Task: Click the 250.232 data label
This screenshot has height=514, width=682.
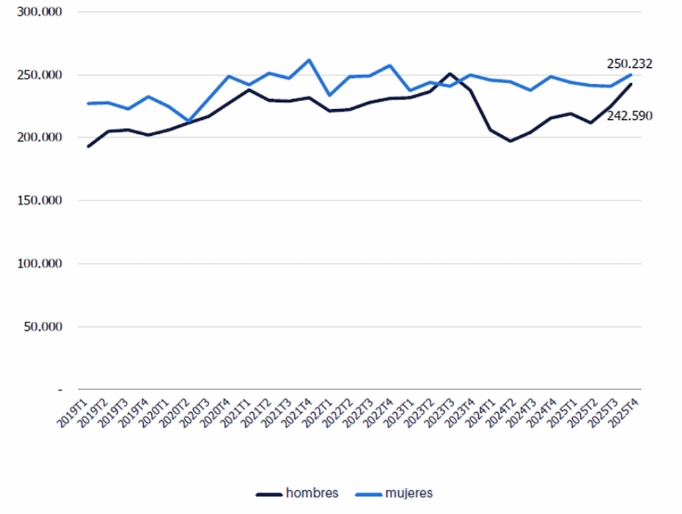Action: [629, 64]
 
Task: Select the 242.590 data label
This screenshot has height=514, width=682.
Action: [629, 116]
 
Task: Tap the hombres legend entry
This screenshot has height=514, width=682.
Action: [297, 493]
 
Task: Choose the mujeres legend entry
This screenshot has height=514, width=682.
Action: [394, 493]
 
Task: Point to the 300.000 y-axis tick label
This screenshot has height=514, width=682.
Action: [39, 12]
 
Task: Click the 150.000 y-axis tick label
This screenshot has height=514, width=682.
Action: [39, 200]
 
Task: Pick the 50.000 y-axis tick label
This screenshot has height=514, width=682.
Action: [43, 327]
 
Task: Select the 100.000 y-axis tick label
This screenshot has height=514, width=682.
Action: [39, 264]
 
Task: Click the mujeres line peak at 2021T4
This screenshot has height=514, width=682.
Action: [309, 60]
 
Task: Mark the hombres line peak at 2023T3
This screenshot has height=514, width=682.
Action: [450, 74]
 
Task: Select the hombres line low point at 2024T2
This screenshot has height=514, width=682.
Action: [510, 141]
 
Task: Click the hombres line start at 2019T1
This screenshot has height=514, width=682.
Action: [89, 146]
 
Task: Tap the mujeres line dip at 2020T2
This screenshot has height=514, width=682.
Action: [188, 121]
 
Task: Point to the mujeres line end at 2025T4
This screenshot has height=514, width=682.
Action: [631, 75]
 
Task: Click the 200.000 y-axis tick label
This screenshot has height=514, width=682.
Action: [39, 137]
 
